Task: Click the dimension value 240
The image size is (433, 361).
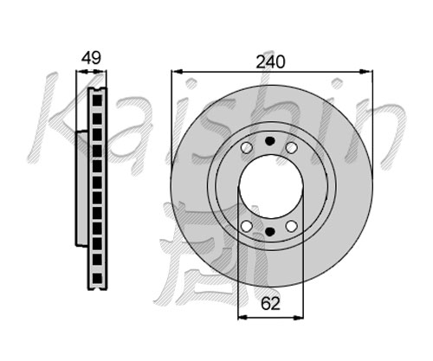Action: (270, 61)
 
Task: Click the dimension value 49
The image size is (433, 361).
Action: (91, 58)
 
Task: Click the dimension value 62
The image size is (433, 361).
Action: (270, 303)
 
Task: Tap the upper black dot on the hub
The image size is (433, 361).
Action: (270, 141)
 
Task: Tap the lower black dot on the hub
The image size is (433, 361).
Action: (270, 231)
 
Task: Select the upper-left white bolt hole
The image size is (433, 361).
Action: (247, 148)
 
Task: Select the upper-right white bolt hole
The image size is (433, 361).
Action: (292, 148)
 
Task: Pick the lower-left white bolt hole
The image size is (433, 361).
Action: (247, 226)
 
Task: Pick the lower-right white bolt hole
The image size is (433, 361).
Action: (292, 226)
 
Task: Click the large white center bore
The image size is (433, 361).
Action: (270, 186)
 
